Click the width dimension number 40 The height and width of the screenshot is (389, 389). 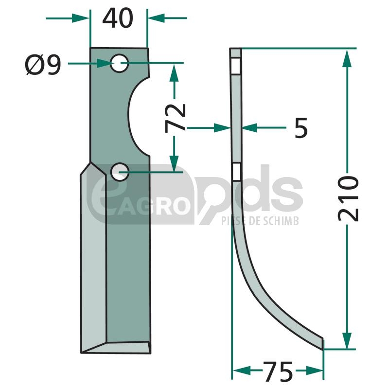coord(118,18)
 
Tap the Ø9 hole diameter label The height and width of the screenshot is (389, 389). coord(43,65)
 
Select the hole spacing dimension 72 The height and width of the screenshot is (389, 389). coord(175,118)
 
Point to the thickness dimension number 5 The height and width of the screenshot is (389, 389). coord(301,128)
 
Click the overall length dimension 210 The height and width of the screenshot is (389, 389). coord(348,198)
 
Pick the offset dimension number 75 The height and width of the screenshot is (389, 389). coord(278,371)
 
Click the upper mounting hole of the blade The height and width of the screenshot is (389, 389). coord(119,63)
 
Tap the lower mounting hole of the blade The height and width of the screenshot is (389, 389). coord(120,172)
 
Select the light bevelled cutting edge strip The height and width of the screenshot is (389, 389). coord(93,258)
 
